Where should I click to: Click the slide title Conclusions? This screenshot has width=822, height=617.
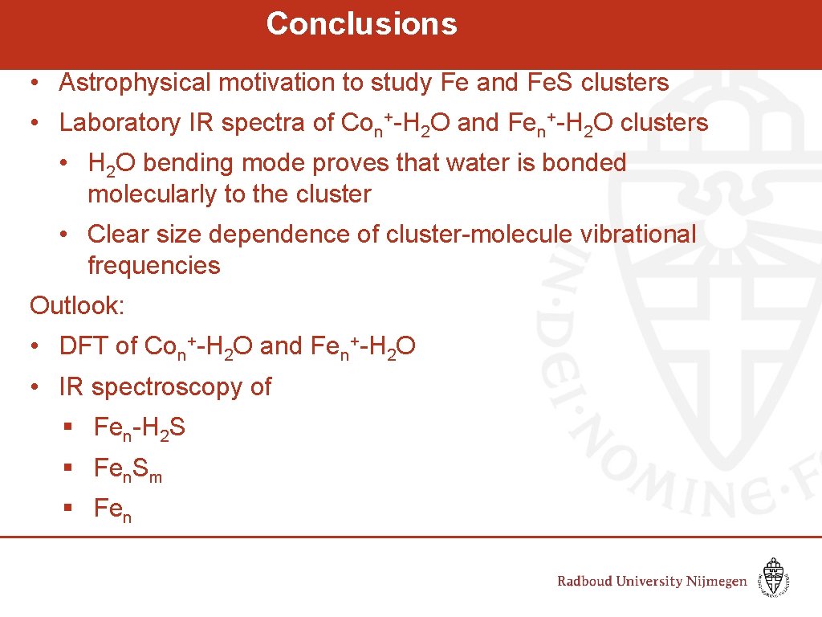361,23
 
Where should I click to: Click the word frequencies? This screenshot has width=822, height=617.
153,266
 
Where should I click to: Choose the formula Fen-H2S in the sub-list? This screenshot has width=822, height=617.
139,428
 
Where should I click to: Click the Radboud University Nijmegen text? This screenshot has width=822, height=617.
652,582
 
